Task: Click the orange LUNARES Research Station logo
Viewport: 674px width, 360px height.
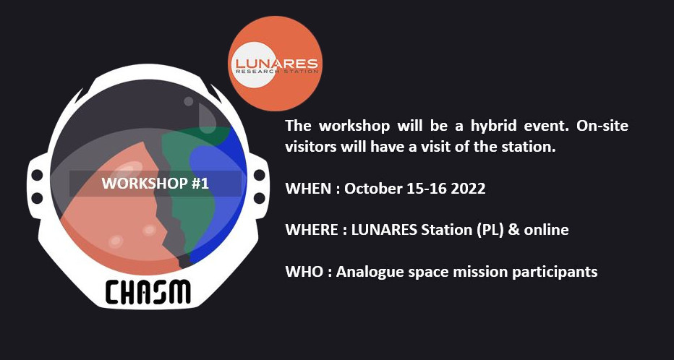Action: point(275,64)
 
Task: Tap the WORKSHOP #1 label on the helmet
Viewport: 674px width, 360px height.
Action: point(155,184)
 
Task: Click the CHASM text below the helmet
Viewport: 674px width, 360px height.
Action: point(148,292)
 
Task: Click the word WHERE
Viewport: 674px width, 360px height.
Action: point(312,230)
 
